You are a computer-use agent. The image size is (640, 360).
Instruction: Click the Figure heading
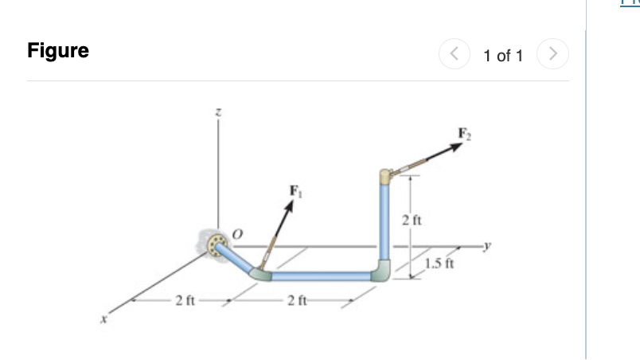point(58,51)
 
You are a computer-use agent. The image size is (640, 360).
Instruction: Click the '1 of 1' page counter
point(503,56)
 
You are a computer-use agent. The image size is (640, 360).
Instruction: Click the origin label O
point(236,233)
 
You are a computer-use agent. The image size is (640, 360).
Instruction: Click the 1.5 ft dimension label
point(439,264)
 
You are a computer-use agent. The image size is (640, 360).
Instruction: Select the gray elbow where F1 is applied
point(261,272)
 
